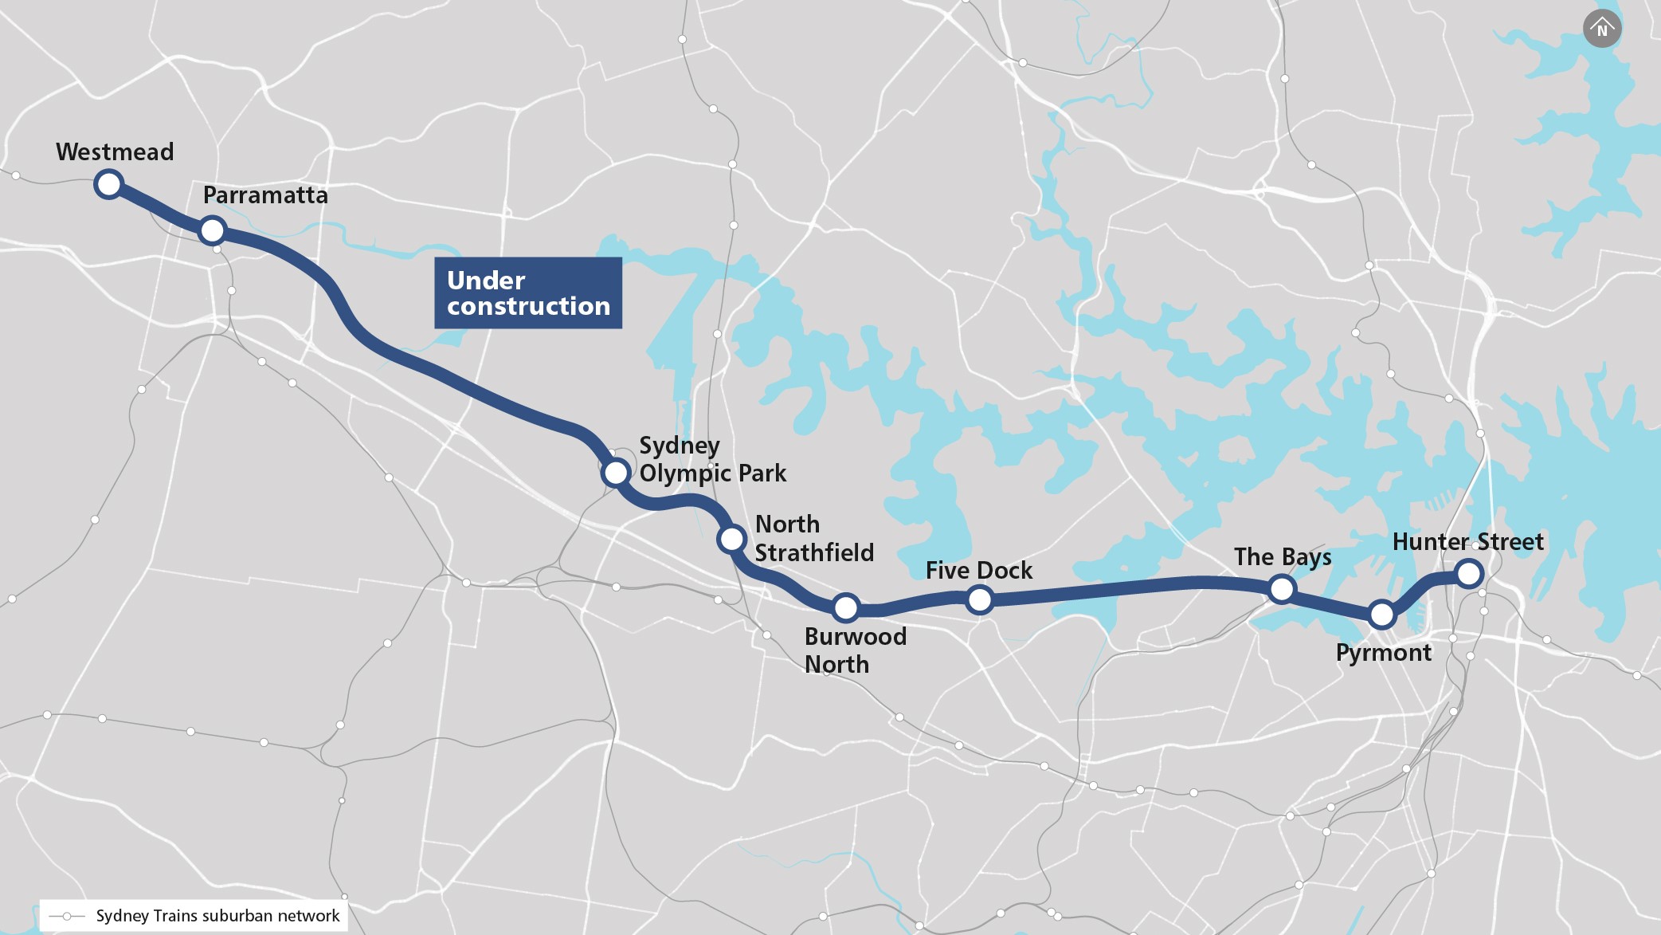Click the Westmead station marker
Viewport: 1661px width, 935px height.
pyautogui.click(x=108, y=184)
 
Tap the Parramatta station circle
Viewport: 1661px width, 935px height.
pyautogui.click(x=213, y=230)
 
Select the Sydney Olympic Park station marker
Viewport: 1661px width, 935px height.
pyautogui.click(x=616, y=473)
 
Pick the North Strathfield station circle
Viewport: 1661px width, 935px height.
pyautogui.click(x=731, y=539)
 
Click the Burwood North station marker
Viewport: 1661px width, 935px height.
pyautogui.click(x=846, y=607)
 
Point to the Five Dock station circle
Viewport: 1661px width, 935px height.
pyautogui.click(x=980, y=599)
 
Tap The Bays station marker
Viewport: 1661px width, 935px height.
pyautogui.click(x=1282, y=589)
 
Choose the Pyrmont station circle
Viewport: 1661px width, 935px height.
pyautogui.click(x=1382, y=615)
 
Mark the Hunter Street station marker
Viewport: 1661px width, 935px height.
pyautogui.click(x=1469, y=573)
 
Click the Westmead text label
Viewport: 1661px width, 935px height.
pyautogui.click(x=115, y=151)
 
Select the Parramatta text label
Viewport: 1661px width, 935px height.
pyautogui.click(x=265, y=195)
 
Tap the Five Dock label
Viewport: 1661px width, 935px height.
pyautogui.click(x=979, y=570)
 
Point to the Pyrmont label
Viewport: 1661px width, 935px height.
pyautogui.click(x=1384, y=653)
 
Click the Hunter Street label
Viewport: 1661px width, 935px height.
pyautogui.click(x=1467, y=542)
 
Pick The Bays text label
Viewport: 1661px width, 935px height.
pyautogui.click(x=1283, y=556)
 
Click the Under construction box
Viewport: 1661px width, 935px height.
pyautogui.click(x=528, y=293)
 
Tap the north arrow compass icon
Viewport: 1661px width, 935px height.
pyautogui.click(x=1602, y=29)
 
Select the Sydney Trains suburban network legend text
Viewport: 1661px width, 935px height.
pyautogui.click(x=217, y=916)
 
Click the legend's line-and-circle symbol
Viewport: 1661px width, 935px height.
pyautogui.click(x=68, y=916)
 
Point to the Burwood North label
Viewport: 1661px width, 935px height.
pyautogui.click(x=855, y=650)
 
